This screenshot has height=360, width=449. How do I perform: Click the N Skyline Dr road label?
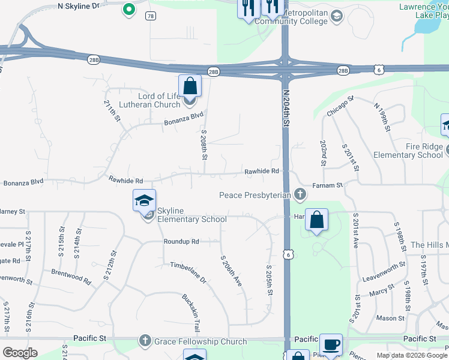(79, 5)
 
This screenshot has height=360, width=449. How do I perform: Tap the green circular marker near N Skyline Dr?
(128, 9)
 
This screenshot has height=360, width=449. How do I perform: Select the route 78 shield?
(150, 17)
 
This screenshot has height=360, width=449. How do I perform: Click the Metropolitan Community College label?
(291, 17)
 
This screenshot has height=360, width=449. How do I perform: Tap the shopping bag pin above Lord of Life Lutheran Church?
(190, 86)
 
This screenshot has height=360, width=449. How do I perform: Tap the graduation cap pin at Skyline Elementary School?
(144, 200)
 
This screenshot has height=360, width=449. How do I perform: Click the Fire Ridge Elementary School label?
(408, 151)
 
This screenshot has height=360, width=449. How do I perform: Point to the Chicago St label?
(340, 106)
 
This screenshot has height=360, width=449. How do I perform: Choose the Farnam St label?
(330, 185)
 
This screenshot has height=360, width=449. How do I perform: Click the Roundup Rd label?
(181, 241)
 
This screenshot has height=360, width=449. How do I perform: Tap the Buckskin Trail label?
(191, 313)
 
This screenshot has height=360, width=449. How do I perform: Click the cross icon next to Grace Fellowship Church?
(145, 341)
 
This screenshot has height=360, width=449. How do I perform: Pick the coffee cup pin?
(331, 345)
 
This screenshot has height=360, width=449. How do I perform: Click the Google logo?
(20, 353)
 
